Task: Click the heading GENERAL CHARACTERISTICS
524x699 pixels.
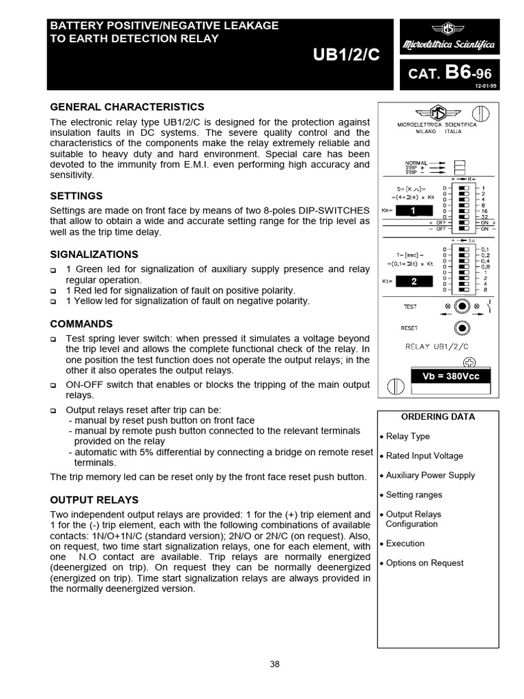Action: [127, 107]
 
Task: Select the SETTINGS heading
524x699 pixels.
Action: [76, 196]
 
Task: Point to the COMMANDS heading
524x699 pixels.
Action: [81, 324]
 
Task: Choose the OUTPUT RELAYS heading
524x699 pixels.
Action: [94, 500]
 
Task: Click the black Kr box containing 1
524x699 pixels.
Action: [413, 212]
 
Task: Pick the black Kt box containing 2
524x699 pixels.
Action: [413, 281]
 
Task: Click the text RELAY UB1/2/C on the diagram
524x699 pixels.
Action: [437, 346]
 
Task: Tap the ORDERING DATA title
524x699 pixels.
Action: [448, 417]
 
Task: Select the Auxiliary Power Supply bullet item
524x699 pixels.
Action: [430, 475]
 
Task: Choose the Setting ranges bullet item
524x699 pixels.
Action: [414, 495]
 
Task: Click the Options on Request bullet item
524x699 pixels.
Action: [424, 563]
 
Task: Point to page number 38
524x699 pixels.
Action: [274, 664]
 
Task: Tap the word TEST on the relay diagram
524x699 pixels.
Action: [410, 307]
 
